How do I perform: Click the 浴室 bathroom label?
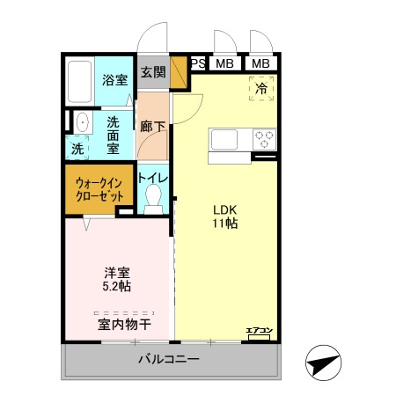(114, 79)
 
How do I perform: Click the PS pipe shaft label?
(198, 63)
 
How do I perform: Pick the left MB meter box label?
(225, 63)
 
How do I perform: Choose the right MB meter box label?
(260, 63)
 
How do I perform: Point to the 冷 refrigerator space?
(262, 88)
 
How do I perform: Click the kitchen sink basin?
(224, 139)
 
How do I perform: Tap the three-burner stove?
(265, 138)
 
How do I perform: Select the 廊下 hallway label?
(152, 126)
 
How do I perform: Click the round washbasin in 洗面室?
(81, 121)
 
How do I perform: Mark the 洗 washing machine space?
(77, 150)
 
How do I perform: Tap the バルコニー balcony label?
(168, 359)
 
